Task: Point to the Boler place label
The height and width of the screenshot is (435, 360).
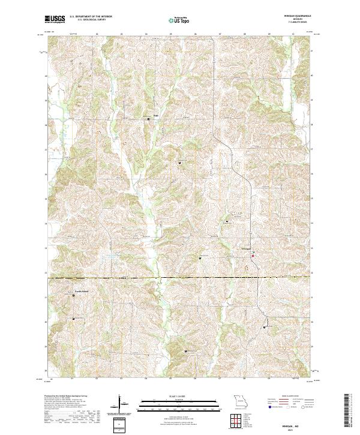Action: pyautogui.click(x=155, y=115)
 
